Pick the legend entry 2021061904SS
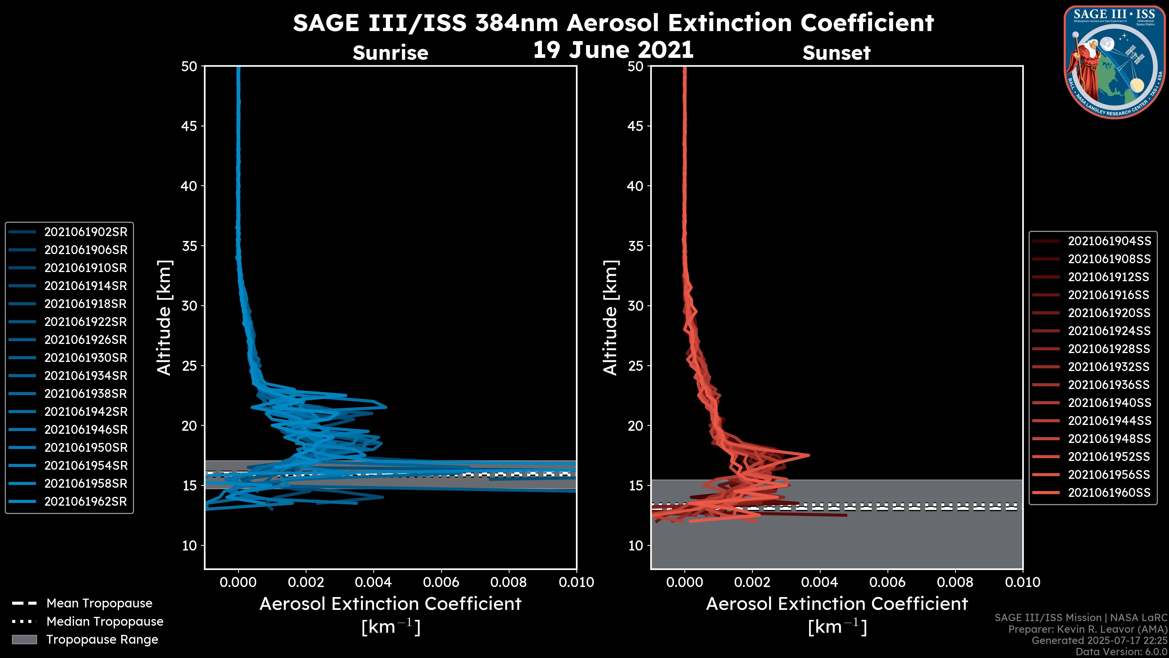pyautogui.click(x=1109, y=241)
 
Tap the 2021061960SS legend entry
pyautogui.click(x=1109, y=493)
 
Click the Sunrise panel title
pyautogui.click(x=390, y=53)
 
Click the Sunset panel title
pyautogui.click(x=836, y=53)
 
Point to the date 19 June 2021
pyautogui.click(x=613, y=49)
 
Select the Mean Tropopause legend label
pyautogui.click(x=99, y=603)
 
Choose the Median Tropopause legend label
pyautogui.click(x=105, y=622)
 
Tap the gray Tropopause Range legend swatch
pyautogui.click(x=24, y=640)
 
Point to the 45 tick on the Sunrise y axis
pyautogui.click(x=189, y=126)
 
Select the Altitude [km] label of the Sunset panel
pyautogui.click(x=610, y=318)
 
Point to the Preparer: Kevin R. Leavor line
pyautogui.click(x=1088, y=629)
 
